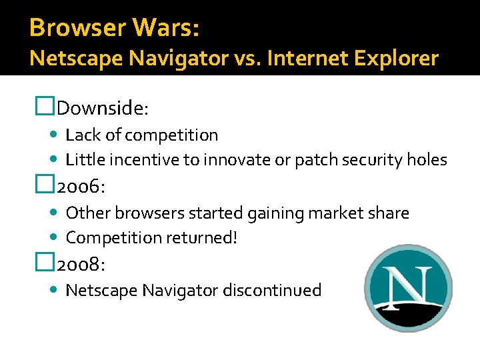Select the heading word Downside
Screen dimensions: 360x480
pos(106,107)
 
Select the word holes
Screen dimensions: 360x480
pos(427,160)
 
